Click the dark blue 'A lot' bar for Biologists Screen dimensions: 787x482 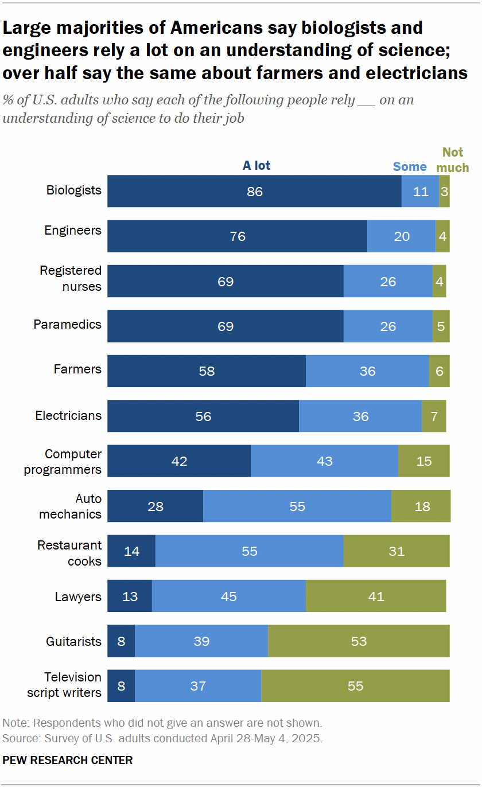click(254, 191)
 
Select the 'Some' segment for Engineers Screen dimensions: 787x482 click(402, 236)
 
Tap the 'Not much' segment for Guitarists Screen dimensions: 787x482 click(359, 641)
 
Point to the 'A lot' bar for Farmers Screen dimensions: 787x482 click(207, 371)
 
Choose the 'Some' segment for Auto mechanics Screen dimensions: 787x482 click(297, 506)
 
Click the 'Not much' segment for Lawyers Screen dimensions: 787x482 click(376, 597)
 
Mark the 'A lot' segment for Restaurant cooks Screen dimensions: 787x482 click(131, 551)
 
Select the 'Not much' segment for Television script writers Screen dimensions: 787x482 click(355, 686)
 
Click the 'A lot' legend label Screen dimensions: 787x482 click(256, 166)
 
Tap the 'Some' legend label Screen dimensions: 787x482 click(410, 167)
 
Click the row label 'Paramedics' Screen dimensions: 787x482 click(67, 325)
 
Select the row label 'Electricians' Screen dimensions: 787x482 click(68, 415)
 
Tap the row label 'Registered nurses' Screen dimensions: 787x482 click(71, 278)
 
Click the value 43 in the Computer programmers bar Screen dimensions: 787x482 click(324, 461)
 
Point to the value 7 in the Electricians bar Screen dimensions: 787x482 click(434, 416)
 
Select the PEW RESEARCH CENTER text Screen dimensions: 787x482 click(68, 761)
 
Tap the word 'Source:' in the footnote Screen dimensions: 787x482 click(19, 738)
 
